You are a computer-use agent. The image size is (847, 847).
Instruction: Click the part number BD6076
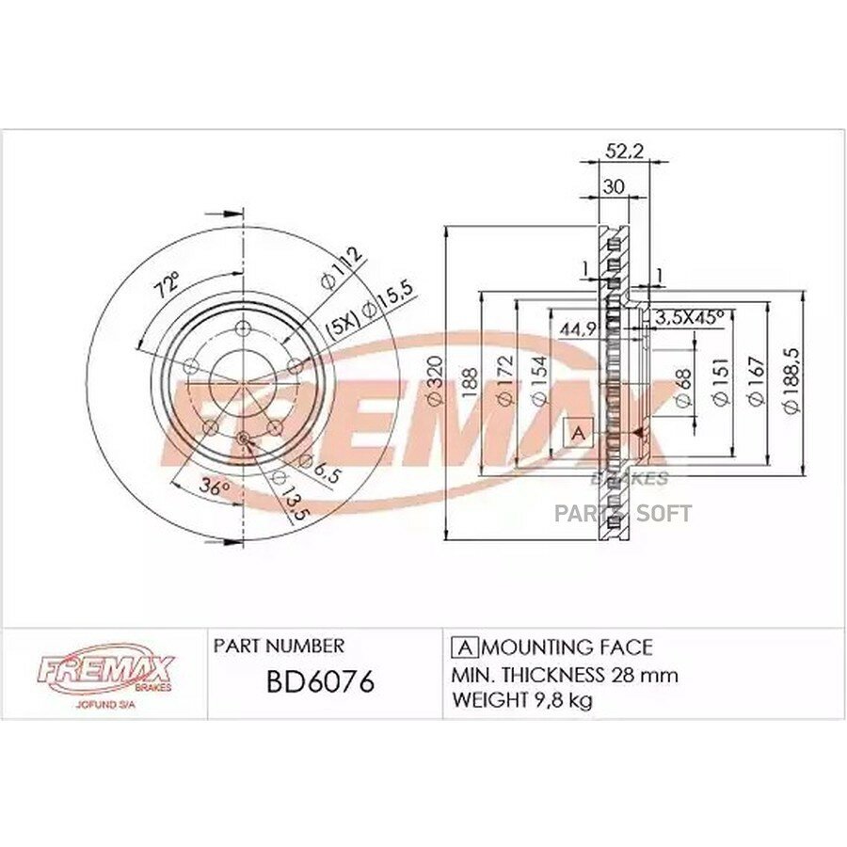click(320, 681)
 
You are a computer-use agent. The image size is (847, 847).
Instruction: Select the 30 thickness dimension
click(614, 187)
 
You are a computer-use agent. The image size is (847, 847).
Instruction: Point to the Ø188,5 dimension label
click(791, 381)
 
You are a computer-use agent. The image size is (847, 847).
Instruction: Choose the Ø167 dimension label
click(757, 381)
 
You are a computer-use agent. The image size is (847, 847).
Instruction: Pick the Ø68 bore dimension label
click(683, 388)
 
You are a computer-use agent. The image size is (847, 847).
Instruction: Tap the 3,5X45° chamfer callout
click(689, 318)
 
